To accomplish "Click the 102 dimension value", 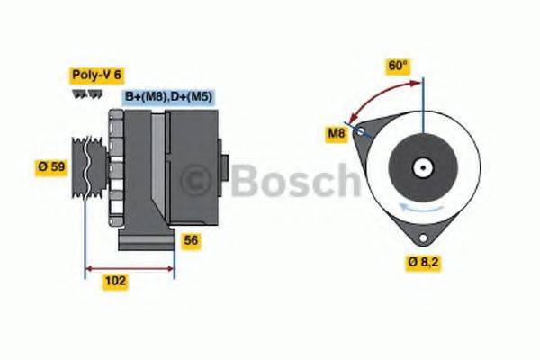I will click(x=115, y=281).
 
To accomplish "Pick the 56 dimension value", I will click(x=190, y=240).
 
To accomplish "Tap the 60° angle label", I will click(x=399, y=66).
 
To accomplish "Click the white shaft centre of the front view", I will click(x=421, y=166).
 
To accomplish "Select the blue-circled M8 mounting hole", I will click(x=361, y=131).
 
